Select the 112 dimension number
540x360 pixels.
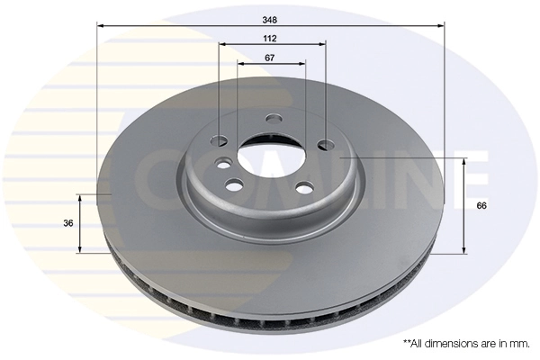[270, 38]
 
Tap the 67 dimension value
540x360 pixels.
[270, 57]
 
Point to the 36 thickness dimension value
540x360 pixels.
[68, 223]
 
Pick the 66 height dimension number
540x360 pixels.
[481, 206]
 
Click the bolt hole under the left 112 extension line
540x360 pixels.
[220, 140]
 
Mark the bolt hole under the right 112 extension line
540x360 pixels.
[322, 143]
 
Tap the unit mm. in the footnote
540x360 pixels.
[519, 344]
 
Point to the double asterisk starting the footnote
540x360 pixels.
[406, 343]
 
